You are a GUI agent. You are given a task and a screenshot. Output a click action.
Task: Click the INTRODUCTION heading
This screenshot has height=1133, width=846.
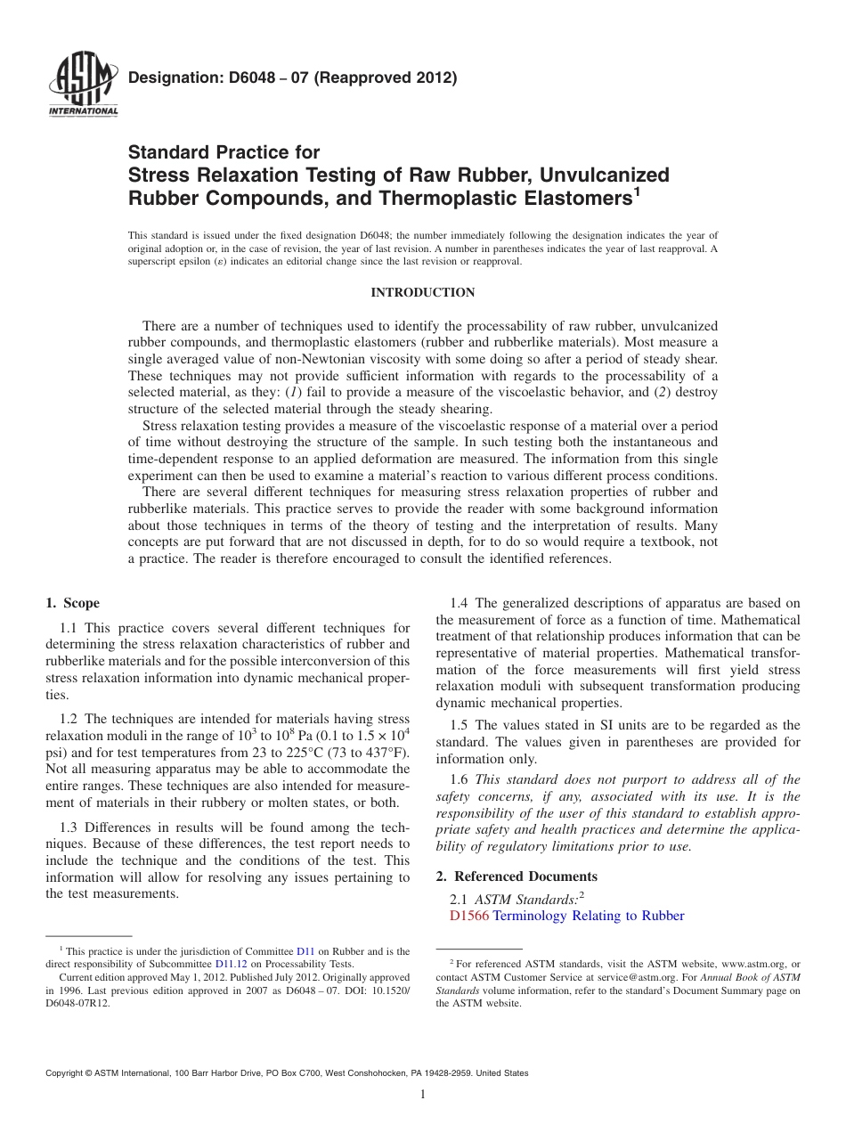[x=422, y=292]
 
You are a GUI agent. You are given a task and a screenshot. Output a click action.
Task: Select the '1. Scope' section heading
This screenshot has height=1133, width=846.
[x=72, y=603]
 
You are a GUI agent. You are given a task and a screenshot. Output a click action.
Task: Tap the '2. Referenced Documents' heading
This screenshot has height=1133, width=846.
[x=517, y=876]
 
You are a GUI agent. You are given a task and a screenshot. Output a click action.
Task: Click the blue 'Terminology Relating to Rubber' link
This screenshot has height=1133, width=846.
[x=589, y=916]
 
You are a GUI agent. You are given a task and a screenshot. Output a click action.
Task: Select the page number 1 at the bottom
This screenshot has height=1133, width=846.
[x=423, y=1096]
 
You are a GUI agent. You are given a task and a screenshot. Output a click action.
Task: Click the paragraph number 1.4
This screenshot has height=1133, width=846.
[x=460, y=603]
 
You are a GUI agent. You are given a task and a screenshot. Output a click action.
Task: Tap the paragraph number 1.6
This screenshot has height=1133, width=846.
[x=460, y=779]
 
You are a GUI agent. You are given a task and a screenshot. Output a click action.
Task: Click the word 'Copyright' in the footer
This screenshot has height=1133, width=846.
[x=68, y=1073]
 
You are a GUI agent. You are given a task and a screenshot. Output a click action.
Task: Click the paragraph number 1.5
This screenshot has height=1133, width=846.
[x=460, y=725]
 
